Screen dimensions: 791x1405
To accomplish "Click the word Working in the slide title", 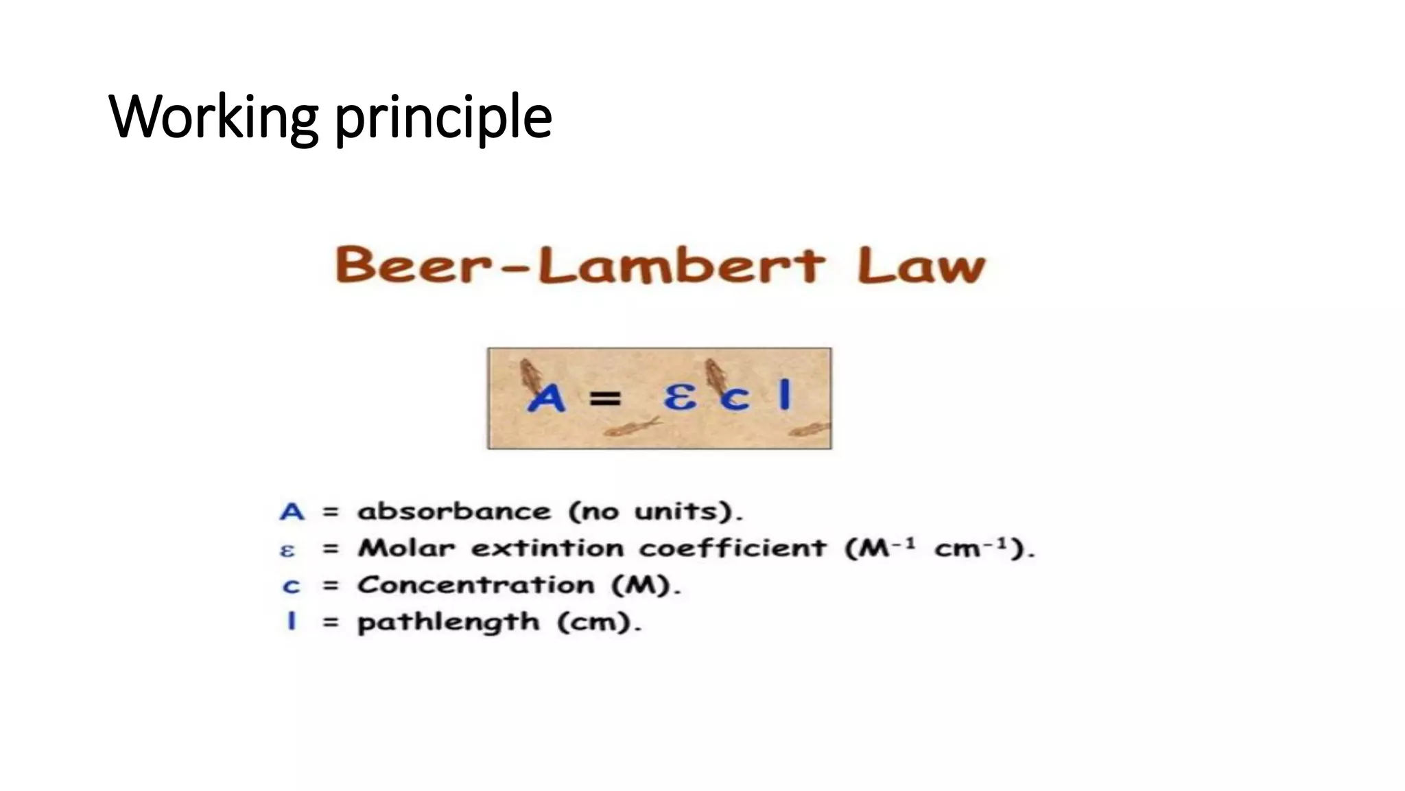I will (x=213, y=117).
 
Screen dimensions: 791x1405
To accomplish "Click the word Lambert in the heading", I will (x=681, y=266).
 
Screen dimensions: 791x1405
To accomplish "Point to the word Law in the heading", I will (x=921, y=266).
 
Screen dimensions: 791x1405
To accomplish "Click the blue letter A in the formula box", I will (x=547, y=398).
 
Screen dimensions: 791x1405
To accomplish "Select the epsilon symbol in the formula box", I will (x=679, y=396).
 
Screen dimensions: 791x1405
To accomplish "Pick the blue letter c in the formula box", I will (x=734, y=398).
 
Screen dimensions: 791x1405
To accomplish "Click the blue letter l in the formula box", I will (x=785, y=395).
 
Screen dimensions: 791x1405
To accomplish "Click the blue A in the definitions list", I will (x=292, y=512).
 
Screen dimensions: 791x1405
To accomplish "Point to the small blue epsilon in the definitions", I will (x=288, y=551).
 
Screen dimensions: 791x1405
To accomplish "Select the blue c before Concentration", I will (x=291, y=586).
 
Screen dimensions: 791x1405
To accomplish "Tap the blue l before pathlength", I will (x=292, y=621).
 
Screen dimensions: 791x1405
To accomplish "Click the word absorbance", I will (x=454, y=512).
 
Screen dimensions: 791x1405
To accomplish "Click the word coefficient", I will (x=733, y=548).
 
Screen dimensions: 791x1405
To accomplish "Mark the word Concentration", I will (x=475, y=585).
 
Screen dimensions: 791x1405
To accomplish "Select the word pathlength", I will (x=449, y=623).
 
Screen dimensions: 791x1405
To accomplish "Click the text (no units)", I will (x=656, y=512).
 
